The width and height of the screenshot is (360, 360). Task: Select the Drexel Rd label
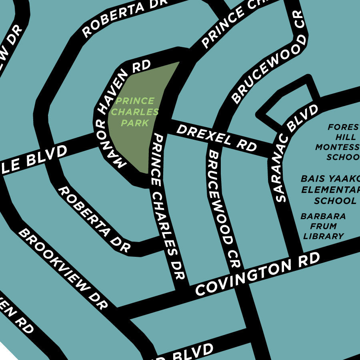[216, 137]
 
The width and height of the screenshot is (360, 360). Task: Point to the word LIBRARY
[323, 236]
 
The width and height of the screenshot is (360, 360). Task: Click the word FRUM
[324, 226]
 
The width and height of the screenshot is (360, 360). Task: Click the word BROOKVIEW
[54, 258]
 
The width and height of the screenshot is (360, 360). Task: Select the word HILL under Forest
[340, 137]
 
